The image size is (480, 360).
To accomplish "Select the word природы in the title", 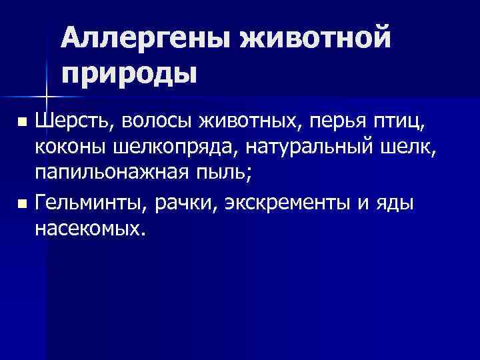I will [129, 71].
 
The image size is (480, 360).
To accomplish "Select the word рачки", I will [180, 202].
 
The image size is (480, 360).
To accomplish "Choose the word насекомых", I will [89, 229].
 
